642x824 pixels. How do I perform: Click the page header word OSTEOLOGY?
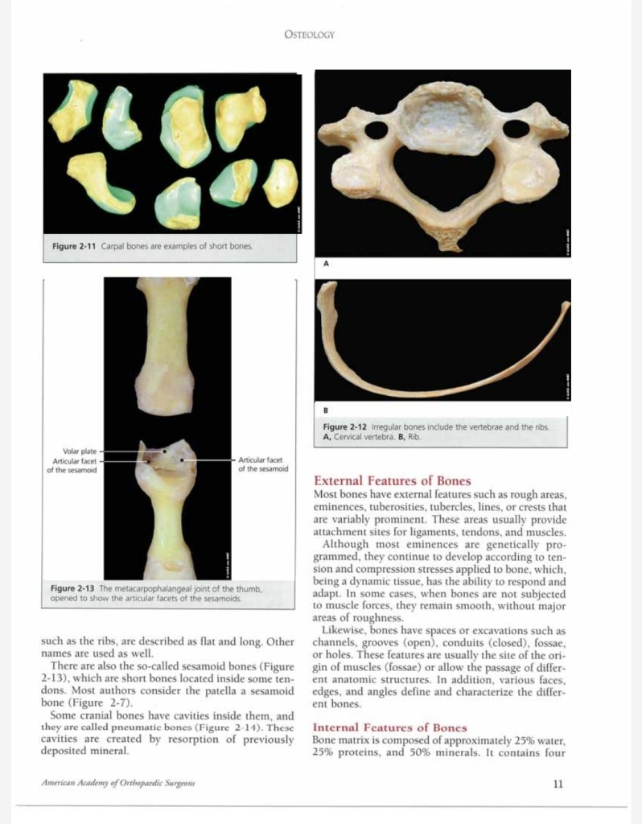tap(310, 35)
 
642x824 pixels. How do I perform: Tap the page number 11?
tap(558, 784)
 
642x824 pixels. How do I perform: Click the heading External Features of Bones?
tap(393, 481)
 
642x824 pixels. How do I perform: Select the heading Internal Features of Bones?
tap(389, 727)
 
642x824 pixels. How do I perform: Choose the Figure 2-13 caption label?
tap(74, 589)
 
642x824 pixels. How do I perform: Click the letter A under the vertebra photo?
tap(326, 263)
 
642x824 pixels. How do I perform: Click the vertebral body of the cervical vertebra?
tap(444, 121)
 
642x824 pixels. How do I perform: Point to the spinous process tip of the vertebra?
tap(443, 241)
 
